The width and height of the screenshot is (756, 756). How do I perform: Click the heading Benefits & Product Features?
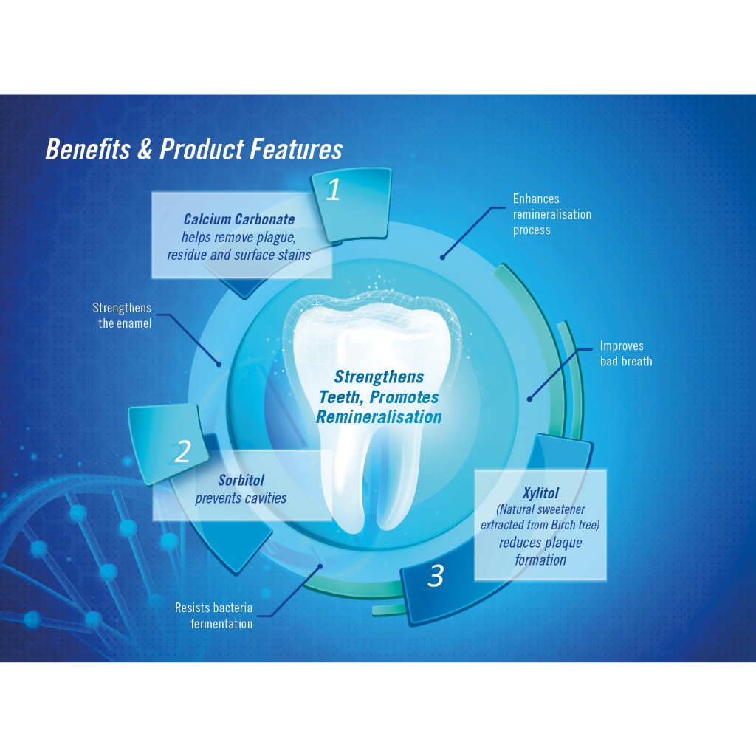pos(193,150)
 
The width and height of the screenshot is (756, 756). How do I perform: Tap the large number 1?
pos(333,190)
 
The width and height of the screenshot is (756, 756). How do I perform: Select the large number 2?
pos(182,452)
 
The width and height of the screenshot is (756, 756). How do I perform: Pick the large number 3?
pos(436,576)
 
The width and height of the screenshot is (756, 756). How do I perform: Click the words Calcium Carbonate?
pos(238,219)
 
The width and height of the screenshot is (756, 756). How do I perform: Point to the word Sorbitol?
pos(241,481)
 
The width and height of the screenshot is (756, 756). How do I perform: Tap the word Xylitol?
pos(540,493)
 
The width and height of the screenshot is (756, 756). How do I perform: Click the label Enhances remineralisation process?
pos(551,214)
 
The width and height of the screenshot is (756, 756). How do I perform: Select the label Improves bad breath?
pos(625,354)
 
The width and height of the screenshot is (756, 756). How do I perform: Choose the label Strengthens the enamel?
pos(122,315)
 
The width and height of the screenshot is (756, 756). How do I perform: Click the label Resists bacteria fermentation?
pos(213,616)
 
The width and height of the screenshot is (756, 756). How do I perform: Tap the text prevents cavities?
pos(241,498)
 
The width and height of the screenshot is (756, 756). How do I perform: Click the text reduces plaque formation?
pos(540,551)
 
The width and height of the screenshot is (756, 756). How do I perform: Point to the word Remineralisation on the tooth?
pos(379,417)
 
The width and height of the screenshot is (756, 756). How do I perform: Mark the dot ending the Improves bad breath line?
pos(529,399)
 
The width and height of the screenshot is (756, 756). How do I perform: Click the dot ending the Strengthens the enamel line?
pos(219,363)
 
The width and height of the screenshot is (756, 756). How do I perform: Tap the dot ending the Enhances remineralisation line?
pos(443,257)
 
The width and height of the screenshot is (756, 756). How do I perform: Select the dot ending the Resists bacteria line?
pos(320,567)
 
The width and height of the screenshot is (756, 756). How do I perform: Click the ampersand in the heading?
pos(144,150)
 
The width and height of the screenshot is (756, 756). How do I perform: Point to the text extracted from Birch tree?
pos(540,525)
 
